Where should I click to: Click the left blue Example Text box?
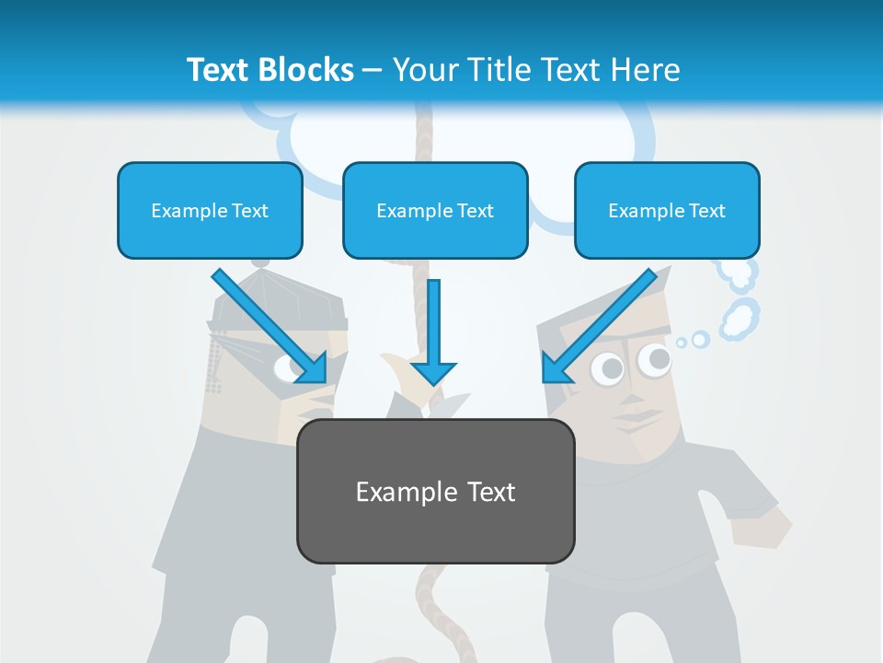click(x=210, y=211)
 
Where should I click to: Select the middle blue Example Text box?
click(x=435, y=211)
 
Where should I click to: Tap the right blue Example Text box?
click(x=667, y=211)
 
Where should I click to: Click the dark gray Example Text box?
click(x=435, y=492)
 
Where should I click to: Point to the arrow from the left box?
click(x=269, y=325)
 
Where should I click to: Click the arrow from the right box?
click(x=600, y=325)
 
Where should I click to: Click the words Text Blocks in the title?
click(x=269, y=70)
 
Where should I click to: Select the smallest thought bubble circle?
click(x=682, y=343)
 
